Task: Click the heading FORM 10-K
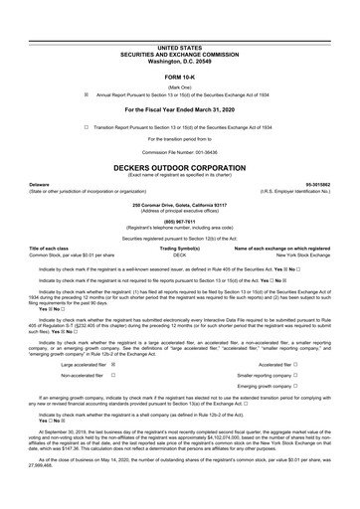click(x=179, y=77)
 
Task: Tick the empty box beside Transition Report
click(x=87, y=127)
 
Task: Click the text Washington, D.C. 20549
click(x=179, y=62)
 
